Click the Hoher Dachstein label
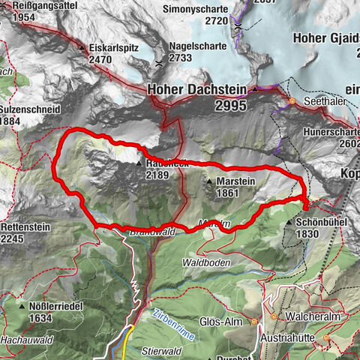pos(198,89)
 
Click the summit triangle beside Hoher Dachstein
pos(253,89)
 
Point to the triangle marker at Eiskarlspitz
pos(82,47)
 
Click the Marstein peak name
pos(235,181)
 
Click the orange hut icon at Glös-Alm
pos(254,322)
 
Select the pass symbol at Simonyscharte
pos(238,27)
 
